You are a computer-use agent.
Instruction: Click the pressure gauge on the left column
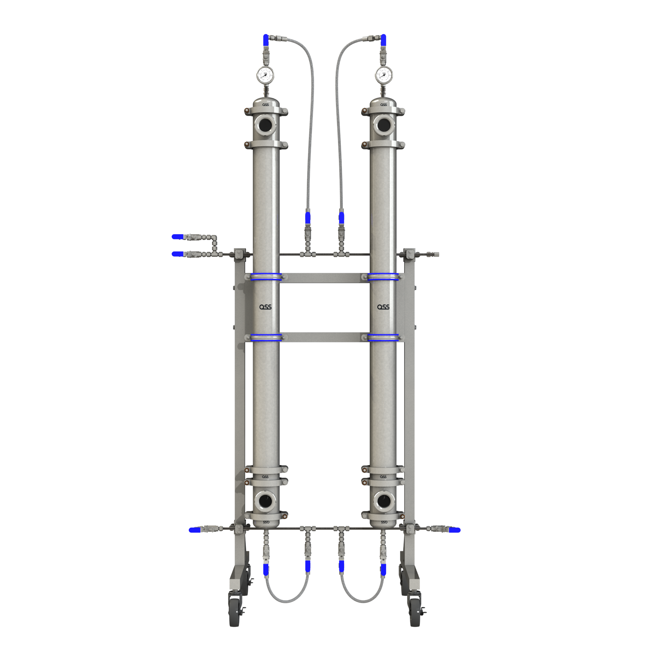coord(265,75)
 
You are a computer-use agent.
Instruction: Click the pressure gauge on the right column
coord(384,75)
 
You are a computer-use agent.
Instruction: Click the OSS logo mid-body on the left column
coord(265,307)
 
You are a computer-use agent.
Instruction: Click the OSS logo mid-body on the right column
coord(383,307)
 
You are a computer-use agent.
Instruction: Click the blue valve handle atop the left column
coord(266,40)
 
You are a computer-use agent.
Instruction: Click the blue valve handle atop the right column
coord(383,40)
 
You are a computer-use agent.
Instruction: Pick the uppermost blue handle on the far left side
coord(177,237)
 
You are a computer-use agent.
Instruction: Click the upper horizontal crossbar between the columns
coord(324,278)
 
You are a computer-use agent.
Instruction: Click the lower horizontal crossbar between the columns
coord(324,337)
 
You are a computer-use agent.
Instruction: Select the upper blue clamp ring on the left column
coord(266,277)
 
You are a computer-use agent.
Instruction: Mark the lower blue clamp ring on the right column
coord(383,337)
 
